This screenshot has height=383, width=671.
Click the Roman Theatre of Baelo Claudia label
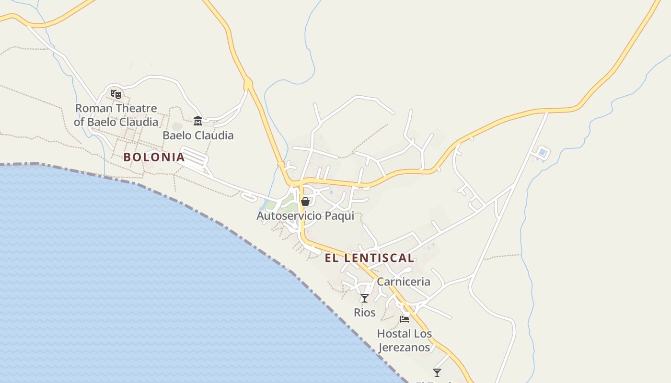[x=116, y=115]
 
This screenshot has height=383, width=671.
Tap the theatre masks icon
[x=116, y=94]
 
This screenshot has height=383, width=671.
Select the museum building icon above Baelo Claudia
[x=197, y=121]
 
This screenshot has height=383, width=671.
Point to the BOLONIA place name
[x=154, y=157]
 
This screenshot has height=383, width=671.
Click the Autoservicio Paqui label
[x=305, y=215]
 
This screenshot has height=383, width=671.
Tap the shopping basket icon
[x=305, y=202]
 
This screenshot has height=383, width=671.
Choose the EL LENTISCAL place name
[x=370, y=258]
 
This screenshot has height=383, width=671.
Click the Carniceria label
[x=404, y=282]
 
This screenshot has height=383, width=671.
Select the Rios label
[x=365, y=313]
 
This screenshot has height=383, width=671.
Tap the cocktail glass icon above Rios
[x=365, y=298]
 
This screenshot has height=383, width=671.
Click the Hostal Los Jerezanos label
[x=404, y=340]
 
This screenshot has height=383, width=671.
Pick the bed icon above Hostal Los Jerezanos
[x=405, y=319]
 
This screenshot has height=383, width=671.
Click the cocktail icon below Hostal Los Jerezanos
[x=437, y=372]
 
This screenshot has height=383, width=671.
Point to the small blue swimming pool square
[x=543, y=153]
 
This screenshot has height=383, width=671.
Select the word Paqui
[x=339, y=215]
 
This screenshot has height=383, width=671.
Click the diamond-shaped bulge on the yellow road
[x=248, y=85]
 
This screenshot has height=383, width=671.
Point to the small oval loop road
[x=249, y=196]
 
